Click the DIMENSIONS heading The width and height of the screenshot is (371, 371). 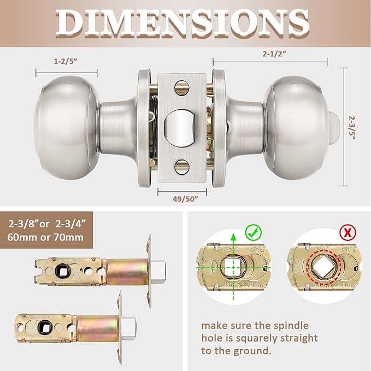185,22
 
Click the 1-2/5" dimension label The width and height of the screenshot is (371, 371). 66,62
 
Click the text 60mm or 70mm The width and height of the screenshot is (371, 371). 46,238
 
